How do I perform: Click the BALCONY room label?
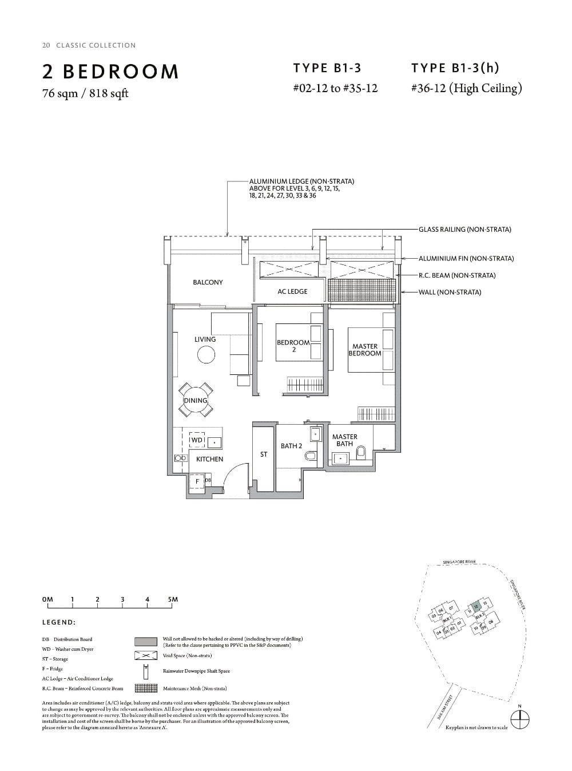click(x=208, y=282)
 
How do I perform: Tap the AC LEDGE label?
click(x=292, y=291)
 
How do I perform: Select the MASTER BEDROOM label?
click(x=365, y=350)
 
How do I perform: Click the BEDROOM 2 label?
click(x=293, y=346)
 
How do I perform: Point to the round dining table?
click(x=195, y=400)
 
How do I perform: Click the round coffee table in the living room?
click(x=206, y=355)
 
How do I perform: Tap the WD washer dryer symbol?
click(x=197, y=440)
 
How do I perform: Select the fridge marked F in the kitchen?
click(x=197, y=481)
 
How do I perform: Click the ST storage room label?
click(x=264, y=454)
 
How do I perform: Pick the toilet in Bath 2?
click(x=311, y=456)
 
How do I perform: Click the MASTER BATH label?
click(x=344, y=440)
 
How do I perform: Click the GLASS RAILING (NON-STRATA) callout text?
click(x=464, y=230)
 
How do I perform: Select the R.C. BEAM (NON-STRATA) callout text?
click(x=456, y=275)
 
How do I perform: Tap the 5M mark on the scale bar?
click(x=173, y=599)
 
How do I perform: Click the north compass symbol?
click(x=519, y=720)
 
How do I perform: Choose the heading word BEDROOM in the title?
click(x=121, y=72)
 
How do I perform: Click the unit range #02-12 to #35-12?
click(x=335, y=88)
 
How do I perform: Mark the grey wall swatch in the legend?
click(x=146, y=642)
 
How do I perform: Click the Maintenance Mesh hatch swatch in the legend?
click(x=146, y=689)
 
